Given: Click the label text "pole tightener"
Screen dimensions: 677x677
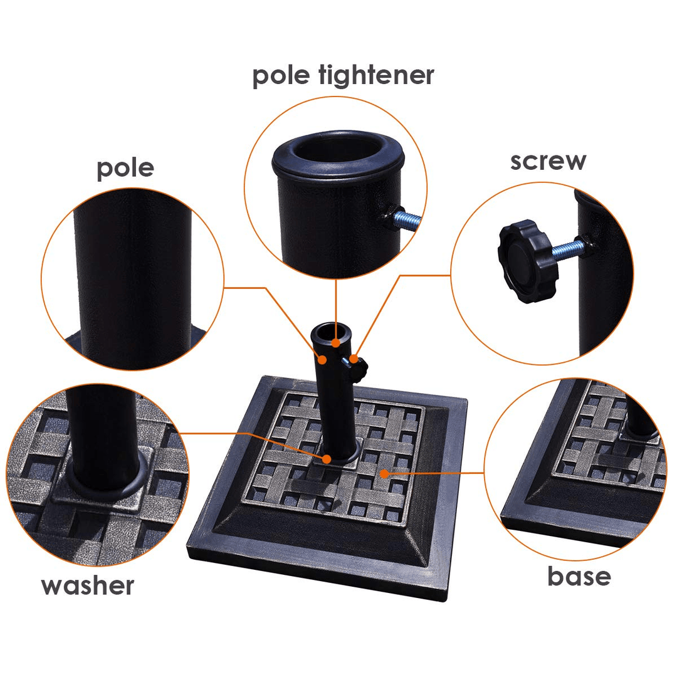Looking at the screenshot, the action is point(343,76).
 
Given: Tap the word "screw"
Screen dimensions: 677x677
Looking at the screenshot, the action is point(548,161).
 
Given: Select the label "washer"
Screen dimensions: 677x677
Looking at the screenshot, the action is point(88,586).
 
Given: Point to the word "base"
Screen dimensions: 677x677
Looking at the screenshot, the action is point(579,577).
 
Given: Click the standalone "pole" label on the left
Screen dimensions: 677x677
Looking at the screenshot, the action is point(125,169).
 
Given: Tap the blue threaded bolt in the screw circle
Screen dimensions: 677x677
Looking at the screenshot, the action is point(569,249).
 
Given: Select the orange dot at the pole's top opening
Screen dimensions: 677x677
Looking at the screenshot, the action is point(337,344).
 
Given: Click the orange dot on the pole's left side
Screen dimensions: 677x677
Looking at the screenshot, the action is point(322,359).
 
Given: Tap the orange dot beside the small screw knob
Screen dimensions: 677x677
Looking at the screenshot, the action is point(354,359).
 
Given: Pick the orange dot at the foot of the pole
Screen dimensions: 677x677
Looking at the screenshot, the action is point(327,459).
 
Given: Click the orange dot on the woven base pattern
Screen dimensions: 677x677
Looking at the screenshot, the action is point(384,474).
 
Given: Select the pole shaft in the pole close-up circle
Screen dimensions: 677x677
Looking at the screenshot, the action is point(132,281).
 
